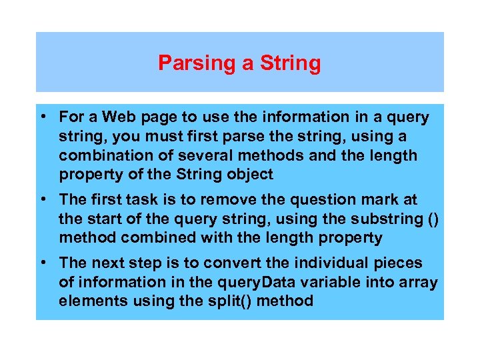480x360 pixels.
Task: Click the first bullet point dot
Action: pos(43,117)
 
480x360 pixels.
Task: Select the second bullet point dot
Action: pos(43,199)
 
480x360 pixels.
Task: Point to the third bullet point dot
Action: pos(43,263)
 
